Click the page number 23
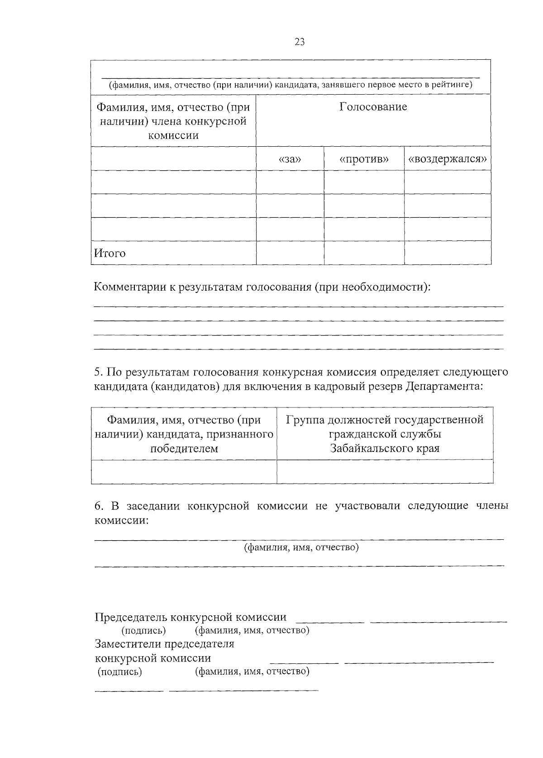tap(300, 42)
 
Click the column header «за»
tap(290, 159)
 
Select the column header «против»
tap(364, 159)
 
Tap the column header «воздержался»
tap(448, 159)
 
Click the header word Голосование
tap(373, 107)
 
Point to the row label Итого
tap(110, 253)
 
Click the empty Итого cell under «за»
tap(290, 253)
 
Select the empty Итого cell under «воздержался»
tap(448, 253)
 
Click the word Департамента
tap(444, 386)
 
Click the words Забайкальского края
tap(385, 449)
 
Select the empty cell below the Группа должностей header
tap(385, 472)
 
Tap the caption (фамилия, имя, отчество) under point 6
tap(301, 548)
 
